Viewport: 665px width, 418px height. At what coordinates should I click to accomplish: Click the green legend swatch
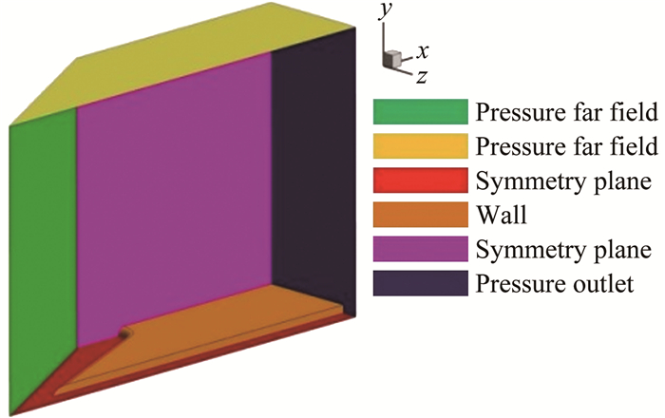[419, 112]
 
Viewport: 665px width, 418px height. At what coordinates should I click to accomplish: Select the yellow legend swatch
[419, 146]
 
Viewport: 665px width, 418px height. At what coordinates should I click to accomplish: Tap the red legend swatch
[419, 180]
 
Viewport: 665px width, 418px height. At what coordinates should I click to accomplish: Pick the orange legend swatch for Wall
[419, 215]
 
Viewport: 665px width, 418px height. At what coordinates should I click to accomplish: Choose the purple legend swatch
[419, 249]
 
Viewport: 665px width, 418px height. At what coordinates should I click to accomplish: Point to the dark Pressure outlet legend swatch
[419, 283]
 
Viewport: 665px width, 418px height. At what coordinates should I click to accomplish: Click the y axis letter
[385, 36]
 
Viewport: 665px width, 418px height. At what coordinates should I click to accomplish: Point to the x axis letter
[423, 49]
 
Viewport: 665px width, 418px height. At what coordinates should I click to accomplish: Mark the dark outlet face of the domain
[313, 171]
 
